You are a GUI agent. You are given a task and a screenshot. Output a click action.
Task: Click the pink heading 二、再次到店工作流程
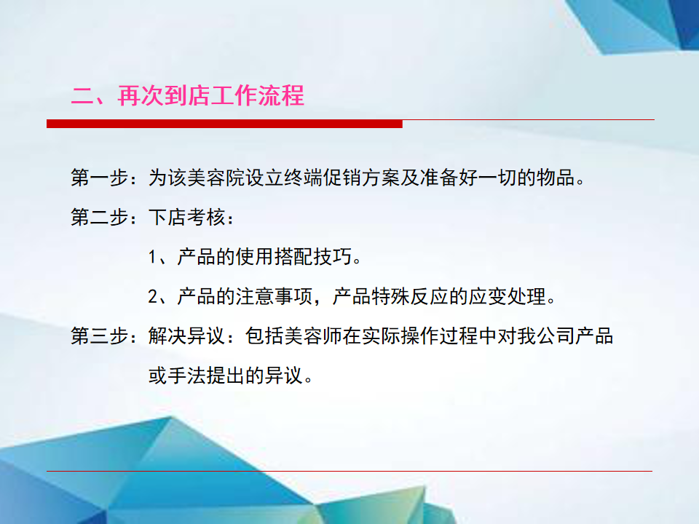point(187,95)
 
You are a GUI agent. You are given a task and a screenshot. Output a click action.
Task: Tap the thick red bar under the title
point(224,124)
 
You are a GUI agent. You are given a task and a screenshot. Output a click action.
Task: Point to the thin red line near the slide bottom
point(349,471)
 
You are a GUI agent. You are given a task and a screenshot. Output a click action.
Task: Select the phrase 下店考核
point(187,217)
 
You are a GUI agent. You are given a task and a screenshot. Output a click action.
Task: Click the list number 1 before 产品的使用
point(152,257)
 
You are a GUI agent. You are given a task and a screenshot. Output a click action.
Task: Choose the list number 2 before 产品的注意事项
point(152,296)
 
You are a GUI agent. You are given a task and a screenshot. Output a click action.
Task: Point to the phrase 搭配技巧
point(313,257)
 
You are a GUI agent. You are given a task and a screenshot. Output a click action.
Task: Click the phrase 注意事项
point(275,296)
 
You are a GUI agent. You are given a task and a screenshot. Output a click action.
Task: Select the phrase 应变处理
point(508,296)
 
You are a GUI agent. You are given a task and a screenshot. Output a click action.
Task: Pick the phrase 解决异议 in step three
point(187,336)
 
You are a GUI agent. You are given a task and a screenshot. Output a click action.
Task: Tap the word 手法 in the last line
point(187,376)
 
